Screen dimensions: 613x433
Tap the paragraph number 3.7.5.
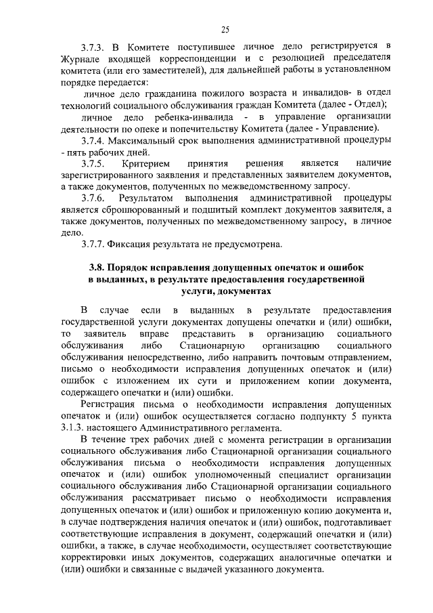tap(93, 163)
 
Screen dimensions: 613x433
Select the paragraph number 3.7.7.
tap(93, 244)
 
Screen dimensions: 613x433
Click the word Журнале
tap(78, 58)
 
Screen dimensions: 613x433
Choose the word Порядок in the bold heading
tap(124, 268)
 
